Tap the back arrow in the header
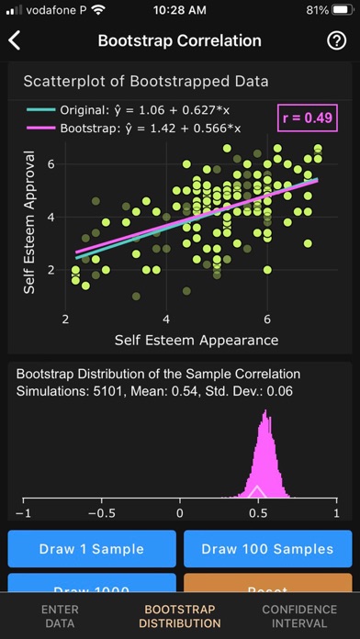pyautogui.click(x=16, y=40)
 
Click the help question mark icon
pyautogui.click(x=335, y=40)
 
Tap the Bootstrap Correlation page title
pyautogui.click(x=179, y=40)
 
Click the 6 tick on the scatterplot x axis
pyautogui.click(x=267, y=319)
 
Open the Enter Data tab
pyautogui.click(x=60, y=616)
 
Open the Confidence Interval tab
pyautogui.click(x=299, y=616)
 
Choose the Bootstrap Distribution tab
pyautogui.click(x=180, y=616)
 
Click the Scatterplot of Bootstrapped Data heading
pyautogui.click(x=146, y=81)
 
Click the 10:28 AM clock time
pyautogui.click(x=180, y=10)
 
